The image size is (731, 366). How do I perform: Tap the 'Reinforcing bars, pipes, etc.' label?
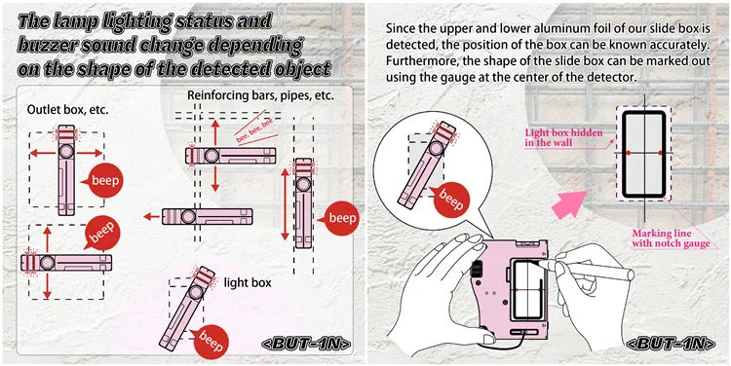point(260,96)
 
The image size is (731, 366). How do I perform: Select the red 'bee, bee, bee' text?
point(254,127)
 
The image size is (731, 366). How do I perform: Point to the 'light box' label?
point(248,282)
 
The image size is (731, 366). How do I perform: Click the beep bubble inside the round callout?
point(451,201)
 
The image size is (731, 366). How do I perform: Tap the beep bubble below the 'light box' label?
point(211,341)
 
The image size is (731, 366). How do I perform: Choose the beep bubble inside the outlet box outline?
point(104,181)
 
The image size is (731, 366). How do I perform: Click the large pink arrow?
point(568,204)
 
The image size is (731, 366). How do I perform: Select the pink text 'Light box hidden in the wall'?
point(563,137)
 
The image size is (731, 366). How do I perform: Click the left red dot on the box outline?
point(628,153)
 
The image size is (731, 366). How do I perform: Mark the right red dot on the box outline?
point(660,153)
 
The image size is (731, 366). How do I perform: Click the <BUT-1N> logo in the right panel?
point(670,344)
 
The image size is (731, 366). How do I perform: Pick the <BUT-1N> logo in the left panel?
point(306,344)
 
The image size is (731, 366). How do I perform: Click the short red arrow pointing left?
point(151,216)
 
